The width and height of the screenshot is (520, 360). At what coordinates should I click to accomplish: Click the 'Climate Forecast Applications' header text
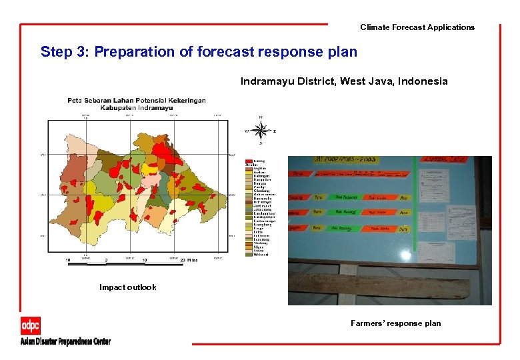(x=417, y=27)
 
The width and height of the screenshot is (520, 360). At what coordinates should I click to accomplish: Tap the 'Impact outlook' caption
(x=128, y=287)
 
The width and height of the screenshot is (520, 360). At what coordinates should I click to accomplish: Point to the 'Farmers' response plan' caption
(x=395, y=323)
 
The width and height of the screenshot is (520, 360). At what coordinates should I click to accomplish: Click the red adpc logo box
(x=31, y=326)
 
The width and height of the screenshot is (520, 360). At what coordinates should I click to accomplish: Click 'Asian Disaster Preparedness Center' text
(x=65, y=341)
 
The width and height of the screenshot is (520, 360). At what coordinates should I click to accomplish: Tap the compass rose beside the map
(x=260, y=131)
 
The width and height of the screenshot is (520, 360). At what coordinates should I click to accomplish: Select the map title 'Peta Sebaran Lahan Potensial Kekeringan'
(x=136, y=101)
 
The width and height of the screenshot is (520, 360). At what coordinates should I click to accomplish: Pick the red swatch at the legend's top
(x=249, y=161)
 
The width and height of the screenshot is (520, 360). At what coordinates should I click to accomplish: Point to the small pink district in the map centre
(x=153, y=179)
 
